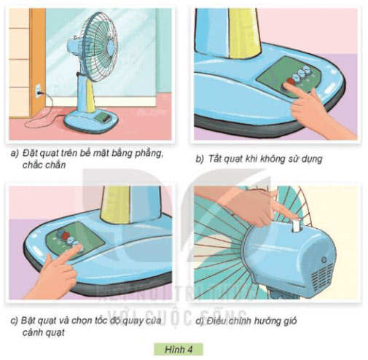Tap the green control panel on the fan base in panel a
103,116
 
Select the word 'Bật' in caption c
30,320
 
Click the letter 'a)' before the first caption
14,154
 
